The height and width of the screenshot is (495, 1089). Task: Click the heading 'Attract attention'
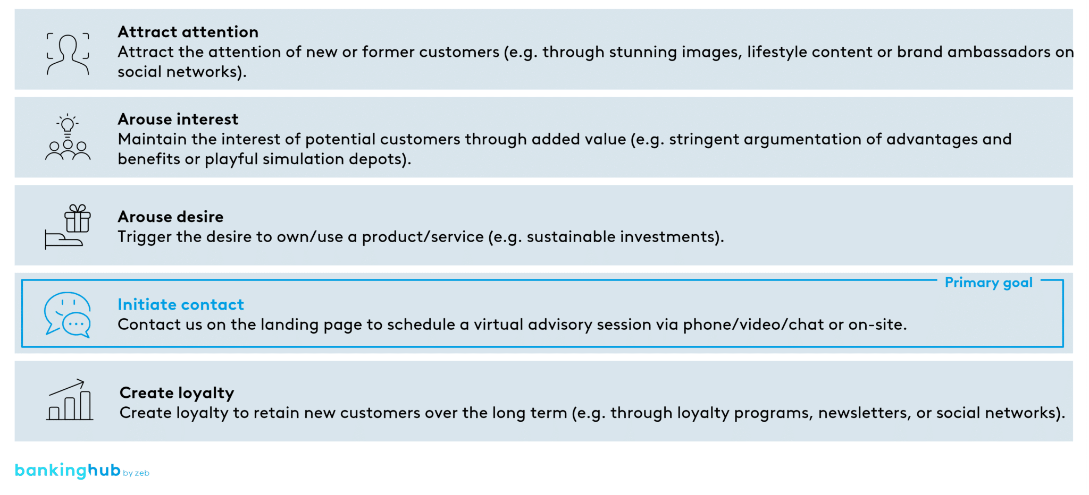(x=188, y=32)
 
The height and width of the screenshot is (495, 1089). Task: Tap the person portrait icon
(x=68, y=54)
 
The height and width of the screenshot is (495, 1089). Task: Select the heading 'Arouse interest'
(x=178, y=119)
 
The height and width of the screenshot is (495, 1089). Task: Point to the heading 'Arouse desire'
(x=170, y=217)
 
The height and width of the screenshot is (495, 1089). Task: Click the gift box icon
(x=78, y=219)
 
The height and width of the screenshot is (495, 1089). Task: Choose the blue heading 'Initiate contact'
(x=180, y=304)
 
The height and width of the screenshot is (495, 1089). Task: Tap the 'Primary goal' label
(x=988, y=283)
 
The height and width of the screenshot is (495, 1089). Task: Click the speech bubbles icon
(x=68, y=314)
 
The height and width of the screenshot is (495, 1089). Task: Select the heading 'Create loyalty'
(x=177, y=393)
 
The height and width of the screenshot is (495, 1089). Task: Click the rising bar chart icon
(x=70, y=400)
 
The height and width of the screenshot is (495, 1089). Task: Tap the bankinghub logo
(x=68, y=470)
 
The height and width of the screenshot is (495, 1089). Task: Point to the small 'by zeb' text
(x=136, y=473)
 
